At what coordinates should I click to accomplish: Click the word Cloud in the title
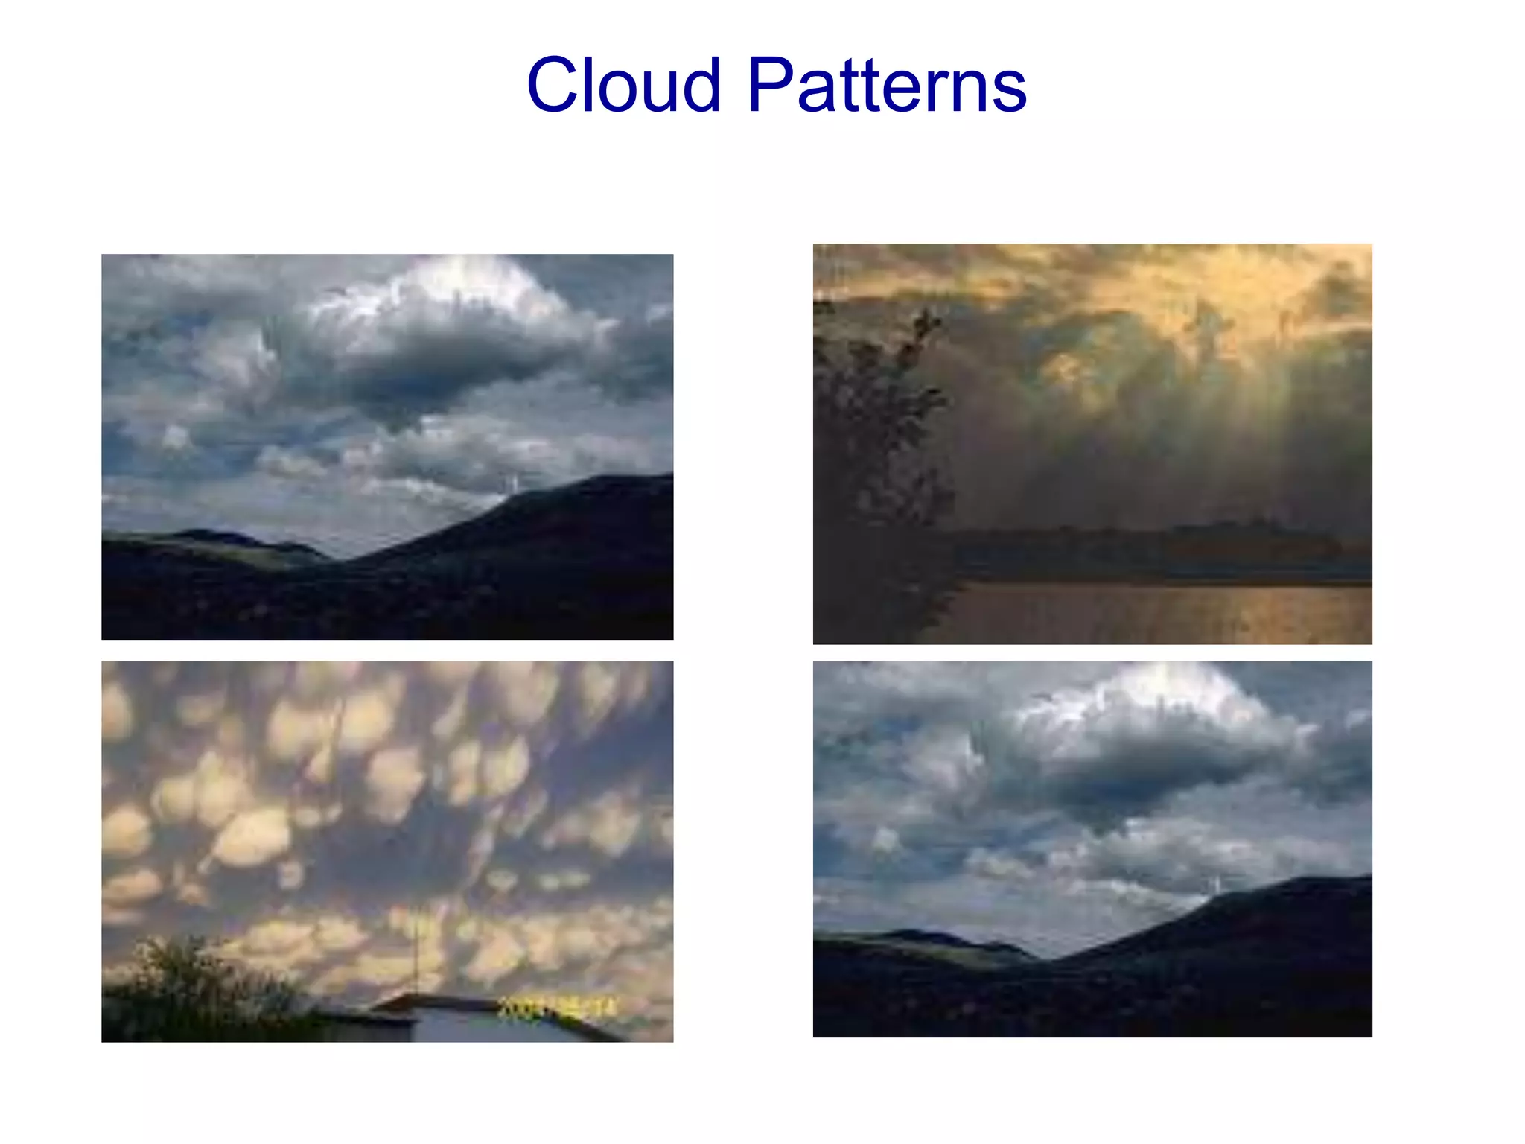point(624,86)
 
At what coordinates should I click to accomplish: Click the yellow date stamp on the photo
point(557,1008)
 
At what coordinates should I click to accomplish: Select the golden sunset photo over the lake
point(1092,444)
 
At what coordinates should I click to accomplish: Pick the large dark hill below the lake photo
point(1266,938)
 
